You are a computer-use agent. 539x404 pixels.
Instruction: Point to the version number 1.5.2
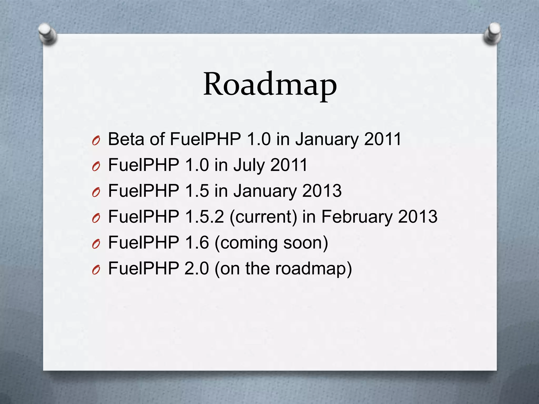[204, 217]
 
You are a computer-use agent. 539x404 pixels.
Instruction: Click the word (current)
[263, 217]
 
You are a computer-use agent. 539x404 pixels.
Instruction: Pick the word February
[357, 217]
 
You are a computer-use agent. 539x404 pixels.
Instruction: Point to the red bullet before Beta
[96, 141]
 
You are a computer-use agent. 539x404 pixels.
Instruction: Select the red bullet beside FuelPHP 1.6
[96, 245]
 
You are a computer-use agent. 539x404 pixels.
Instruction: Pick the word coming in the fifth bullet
[249, 243]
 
